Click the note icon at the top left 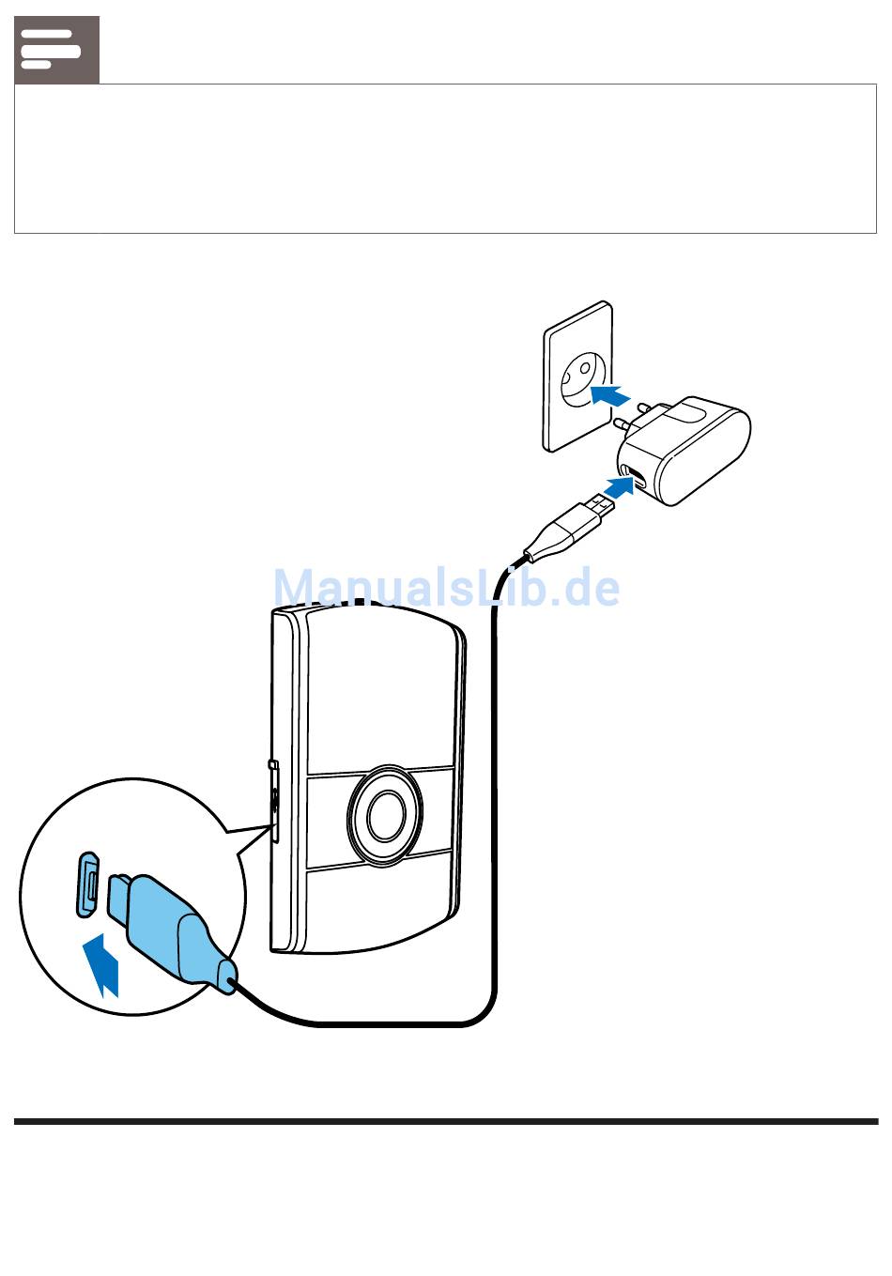(56, 49)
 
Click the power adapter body (700, 451)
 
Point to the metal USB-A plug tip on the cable (597, 509)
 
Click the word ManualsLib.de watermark (447, 589)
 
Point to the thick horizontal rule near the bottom (446, 1121)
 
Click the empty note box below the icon (445, 159)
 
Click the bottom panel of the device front (380, 906)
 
